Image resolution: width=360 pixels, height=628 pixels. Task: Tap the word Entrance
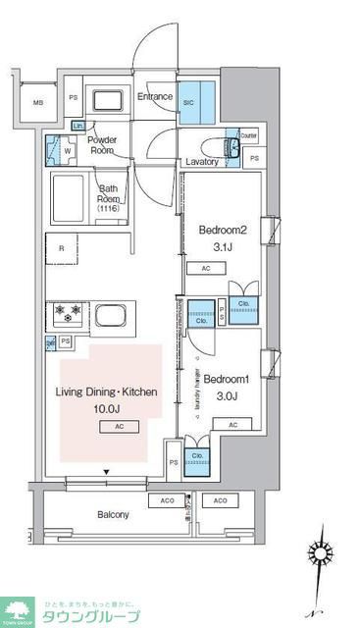point(155,97)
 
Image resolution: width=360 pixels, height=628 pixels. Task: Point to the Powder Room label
point(104,145)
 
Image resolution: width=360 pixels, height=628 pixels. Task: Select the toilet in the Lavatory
point(234,148)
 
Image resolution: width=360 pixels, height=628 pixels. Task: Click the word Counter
point(248,135)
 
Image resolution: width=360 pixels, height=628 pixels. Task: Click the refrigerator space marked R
point(63,249)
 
